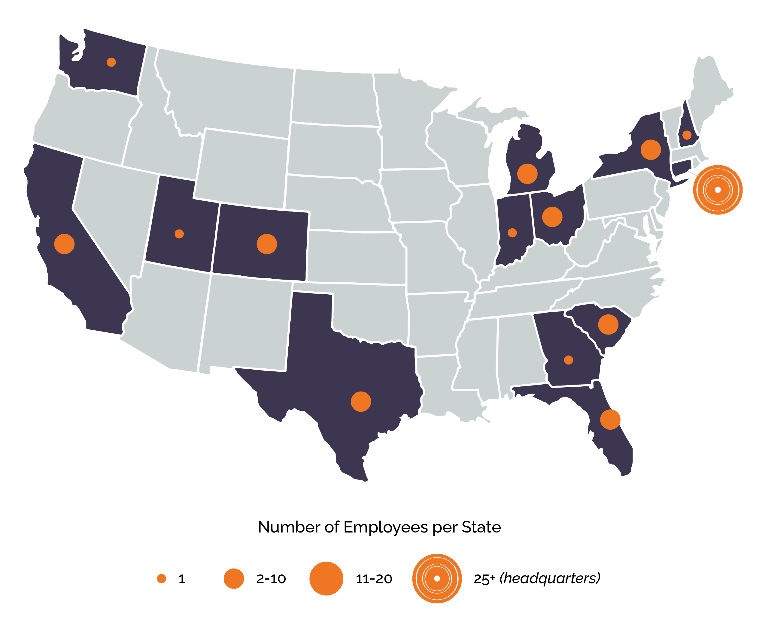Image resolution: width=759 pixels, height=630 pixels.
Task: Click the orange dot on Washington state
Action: [111, 62]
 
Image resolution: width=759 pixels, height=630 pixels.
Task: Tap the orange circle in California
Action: [64, 244]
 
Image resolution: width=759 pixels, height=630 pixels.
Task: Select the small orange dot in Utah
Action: [179, 234]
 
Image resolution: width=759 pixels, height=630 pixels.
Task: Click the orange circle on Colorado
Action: [267, 244]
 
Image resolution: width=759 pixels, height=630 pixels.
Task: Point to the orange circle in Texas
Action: [361, 401]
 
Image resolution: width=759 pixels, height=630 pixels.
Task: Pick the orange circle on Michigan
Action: [527, 174]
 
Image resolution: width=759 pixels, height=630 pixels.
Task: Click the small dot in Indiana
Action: [512, 233]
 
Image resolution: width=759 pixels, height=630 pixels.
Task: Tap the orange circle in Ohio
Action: [552, 217]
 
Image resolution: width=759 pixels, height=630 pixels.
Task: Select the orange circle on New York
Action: [651, 149]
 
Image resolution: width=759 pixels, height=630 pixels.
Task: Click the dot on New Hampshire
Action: [687, 135]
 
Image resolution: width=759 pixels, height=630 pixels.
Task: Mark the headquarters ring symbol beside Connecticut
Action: [718, 190]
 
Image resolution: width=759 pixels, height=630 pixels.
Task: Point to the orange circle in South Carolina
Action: [608, 324]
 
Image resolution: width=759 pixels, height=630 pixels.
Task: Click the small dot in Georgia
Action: [569, 360]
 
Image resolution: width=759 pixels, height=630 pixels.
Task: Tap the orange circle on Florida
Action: [610, 419]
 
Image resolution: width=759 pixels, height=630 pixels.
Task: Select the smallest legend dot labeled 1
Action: [162, 579]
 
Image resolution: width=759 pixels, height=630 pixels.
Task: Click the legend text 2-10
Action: [271, 579]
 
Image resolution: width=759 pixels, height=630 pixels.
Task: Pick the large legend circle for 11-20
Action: [326, 578]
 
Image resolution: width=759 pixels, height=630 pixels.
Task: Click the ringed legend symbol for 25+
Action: [437, 578]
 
